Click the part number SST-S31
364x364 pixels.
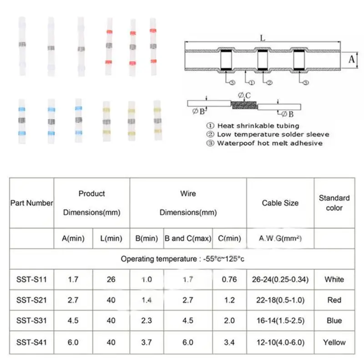31,321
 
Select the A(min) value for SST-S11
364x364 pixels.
73,279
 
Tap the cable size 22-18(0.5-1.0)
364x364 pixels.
280,300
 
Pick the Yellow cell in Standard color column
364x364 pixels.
334,343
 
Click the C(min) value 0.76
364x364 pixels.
229,279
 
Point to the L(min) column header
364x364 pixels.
111,238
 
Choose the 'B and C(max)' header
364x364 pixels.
188,238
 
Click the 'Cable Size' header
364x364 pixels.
280,203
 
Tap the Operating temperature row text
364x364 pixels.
182,259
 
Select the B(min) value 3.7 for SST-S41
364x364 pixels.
147,343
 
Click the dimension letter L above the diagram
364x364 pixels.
263,38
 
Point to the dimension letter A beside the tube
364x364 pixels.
351,60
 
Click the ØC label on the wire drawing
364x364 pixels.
244,96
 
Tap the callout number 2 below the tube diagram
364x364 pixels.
269,82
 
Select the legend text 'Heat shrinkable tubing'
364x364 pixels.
258,126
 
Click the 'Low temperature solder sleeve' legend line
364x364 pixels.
273,135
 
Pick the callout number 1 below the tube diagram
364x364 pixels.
252,82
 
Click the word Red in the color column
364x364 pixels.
334,300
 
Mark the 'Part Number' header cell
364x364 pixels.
31,203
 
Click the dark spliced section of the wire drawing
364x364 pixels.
244,105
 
